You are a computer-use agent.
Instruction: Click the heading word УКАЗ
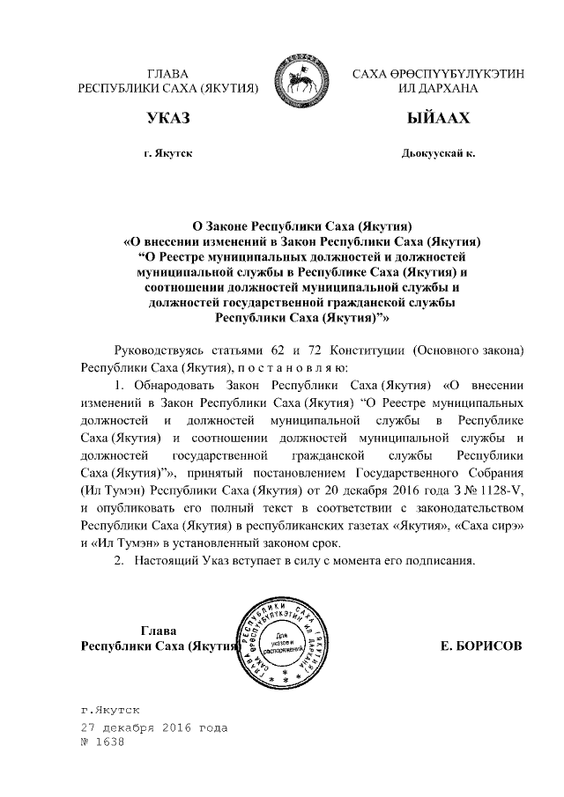pos(168,118)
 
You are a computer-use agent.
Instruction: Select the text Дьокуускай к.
pos(438,153)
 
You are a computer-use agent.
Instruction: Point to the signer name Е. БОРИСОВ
pos(480,646)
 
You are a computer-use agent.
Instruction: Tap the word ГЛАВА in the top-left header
pos(168,73)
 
